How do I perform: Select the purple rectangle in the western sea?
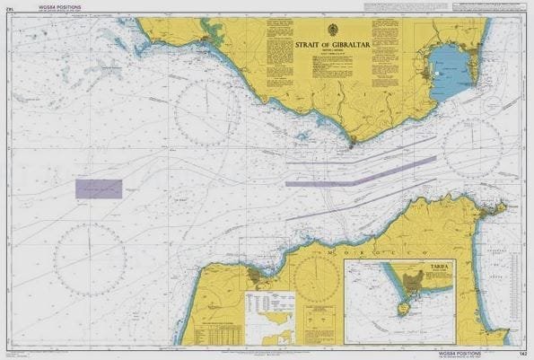[x=99, y=189]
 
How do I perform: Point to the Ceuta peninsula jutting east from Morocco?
[x=492, y=209]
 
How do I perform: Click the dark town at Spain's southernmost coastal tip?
[x=352, y=140]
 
